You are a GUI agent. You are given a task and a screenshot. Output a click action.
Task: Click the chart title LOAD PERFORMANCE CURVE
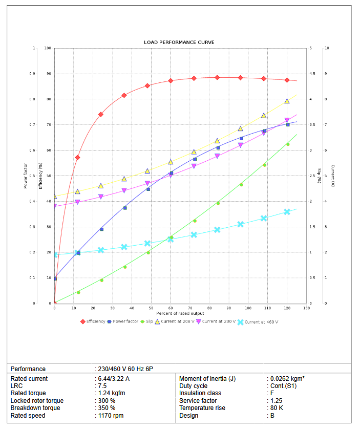click(179, 42)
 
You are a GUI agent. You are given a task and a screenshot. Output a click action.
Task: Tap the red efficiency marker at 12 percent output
click(77, 157)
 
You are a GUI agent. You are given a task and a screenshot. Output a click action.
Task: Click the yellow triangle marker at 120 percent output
click(287, 101)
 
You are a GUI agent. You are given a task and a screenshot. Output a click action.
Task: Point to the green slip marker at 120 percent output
click(288, 144)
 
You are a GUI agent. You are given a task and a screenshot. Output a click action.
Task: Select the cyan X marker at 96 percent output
click(241, 224)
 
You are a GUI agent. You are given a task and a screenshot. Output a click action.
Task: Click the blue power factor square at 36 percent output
click(125, 208)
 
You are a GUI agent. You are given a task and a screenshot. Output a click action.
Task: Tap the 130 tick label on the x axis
click(306, 308)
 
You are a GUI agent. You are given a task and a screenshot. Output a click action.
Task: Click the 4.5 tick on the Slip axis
click(312, 74)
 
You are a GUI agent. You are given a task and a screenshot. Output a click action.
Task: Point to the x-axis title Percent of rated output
click(180, 313)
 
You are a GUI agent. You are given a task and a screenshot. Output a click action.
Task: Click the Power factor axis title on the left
click(26, 176)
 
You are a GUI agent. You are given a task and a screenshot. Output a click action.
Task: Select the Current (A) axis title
click(333, 176)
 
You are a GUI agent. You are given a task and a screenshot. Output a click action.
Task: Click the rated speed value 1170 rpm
click(110, 416)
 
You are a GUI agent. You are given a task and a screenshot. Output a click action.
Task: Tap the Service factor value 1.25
click(276, 401)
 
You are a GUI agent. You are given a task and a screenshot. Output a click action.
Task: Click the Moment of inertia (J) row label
click(207, 379)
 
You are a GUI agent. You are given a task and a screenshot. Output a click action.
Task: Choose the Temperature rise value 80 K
click(276, 408)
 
